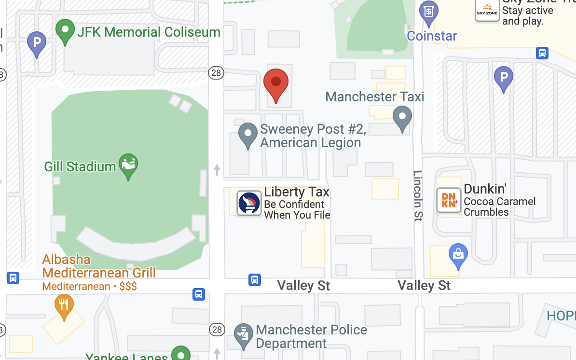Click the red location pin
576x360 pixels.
click(x=276, y=83)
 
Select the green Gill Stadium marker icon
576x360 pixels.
click(x=128, y=165)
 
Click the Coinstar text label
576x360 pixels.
click(x=432, y=36)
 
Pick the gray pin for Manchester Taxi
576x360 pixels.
click(x=402, y=118)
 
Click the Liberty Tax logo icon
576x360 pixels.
click(x=249, y=203)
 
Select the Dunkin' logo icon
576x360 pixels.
click(x=449, y=200)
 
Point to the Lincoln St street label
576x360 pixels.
click(x=418, y=195)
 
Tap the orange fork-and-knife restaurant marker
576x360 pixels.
click(x=64, y=306)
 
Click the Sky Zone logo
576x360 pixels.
click(x=487, y=10)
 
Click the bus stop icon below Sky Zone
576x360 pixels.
click(x=542, y=53)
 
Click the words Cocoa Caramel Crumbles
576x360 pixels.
click(x=499, y=207)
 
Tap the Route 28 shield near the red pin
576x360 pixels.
click(x=217, y=73)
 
